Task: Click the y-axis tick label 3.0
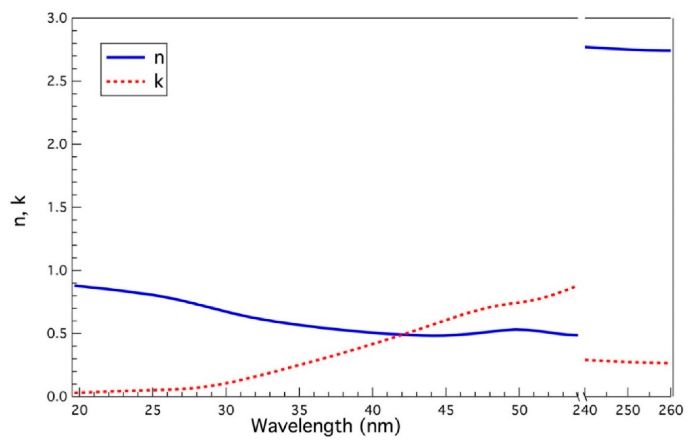57,19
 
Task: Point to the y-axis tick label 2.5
57,81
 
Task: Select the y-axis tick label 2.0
57,145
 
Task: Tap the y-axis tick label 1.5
57,208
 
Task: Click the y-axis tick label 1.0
57,271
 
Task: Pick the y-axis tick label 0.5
57,334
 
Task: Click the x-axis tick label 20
79,410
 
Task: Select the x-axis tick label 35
300,410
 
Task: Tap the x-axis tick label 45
446,410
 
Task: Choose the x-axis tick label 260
670,410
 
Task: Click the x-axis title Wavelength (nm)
326,426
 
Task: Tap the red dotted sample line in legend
125,82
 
